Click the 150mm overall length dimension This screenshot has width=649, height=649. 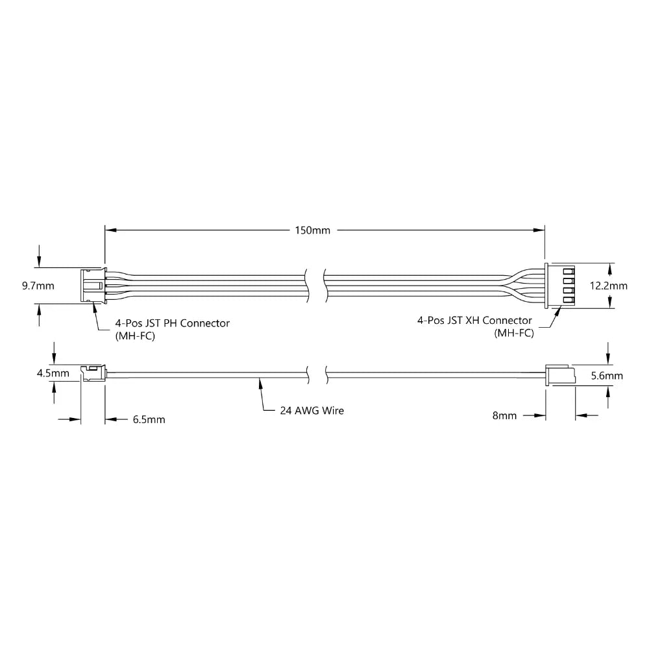tap(312, 230)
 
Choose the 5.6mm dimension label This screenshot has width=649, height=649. tap(607, 376)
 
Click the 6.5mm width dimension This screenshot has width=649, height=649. tap(149, 420)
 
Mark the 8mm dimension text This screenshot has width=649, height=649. tap(504, 415)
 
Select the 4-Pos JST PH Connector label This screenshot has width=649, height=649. tap(172, 323)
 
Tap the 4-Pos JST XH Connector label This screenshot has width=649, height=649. tap(475, 321)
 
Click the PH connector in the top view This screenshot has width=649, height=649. tap(92, 286)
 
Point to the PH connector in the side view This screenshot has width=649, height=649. tap(92, 374)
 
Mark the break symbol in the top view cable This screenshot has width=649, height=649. tap(315, 286)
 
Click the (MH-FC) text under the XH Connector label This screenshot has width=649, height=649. tap(513, 334)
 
